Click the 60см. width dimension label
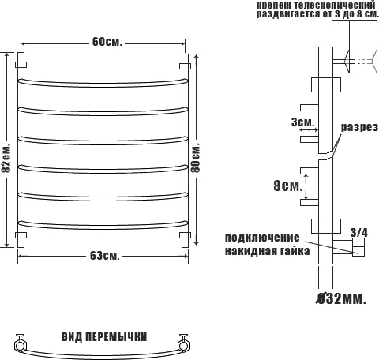click(x=105, y=42)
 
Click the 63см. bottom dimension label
click(x=105, y=255)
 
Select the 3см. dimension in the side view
click(x=302, y=123)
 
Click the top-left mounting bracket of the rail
click(x=21, y=62)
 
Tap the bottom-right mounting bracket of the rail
click(x=186, y=235)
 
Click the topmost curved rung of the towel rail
click(x=103, y=81)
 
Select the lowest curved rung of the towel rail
click(x=103, y=222)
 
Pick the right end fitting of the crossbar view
click(x=186, y=343)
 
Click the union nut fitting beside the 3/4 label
click(x=358, y=249)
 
